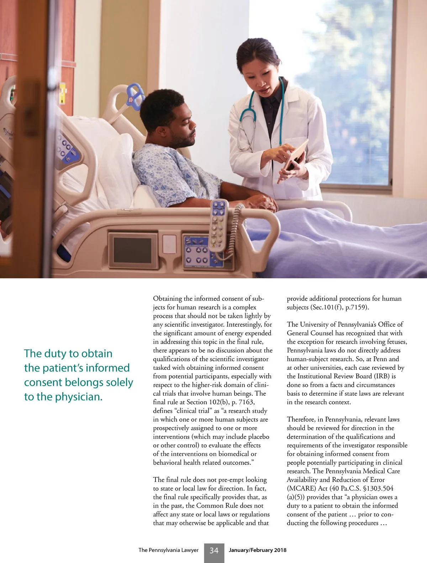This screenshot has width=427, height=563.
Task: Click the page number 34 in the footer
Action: pos(214,551)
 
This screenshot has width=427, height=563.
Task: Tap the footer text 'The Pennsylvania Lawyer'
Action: pos(168,550)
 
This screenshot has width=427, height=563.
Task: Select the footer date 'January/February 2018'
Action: pos(257,550)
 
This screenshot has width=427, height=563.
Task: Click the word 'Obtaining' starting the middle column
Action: pos(167,299)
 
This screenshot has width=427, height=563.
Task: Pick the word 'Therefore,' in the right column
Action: pos(302,419)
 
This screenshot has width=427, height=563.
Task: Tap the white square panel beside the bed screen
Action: pos(170,244)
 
